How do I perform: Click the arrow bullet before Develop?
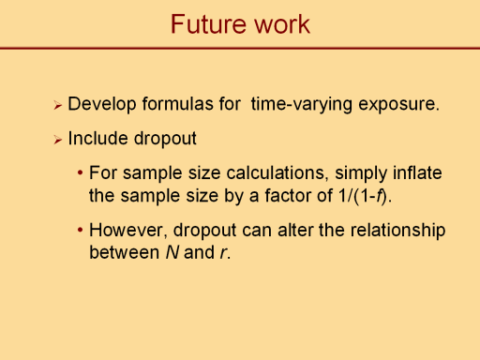coord(57,105)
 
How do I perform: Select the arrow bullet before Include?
coord(57,140)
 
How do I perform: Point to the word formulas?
coord(191,103)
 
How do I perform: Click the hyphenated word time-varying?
coord(302,104)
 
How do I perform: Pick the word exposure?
coord(398,104)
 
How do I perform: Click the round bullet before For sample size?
coord(81,172)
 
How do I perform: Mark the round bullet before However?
coord(81,230)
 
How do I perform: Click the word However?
coord(127,230)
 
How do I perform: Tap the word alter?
coord(295,230)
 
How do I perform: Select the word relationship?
coord(397,231)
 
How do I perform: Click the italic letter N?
coord(172,252)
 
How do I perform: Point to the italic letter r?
coord(223,253)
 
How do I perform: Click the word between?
coord(125,252)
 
